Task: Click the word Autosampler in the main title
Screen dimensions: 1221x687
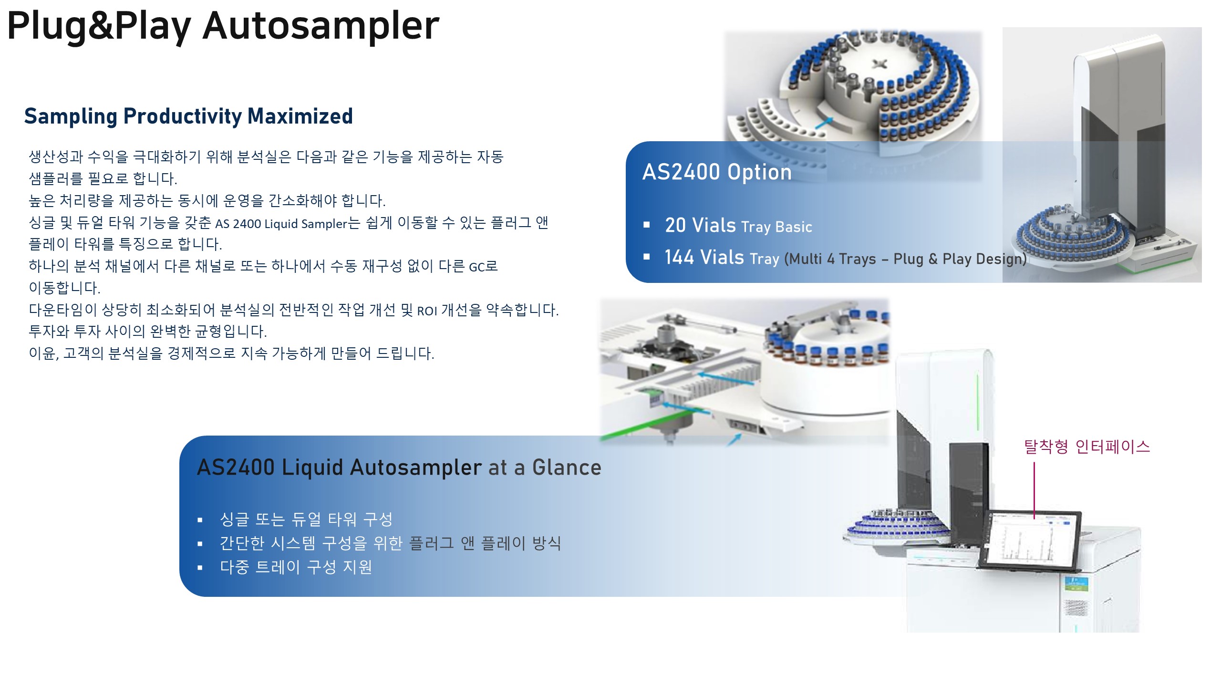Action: click(321, 26)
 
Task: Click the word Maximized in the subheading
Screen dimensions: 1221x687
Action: click(300, 116)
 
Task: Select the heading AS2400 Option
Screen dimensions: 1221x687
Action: click(717, 172)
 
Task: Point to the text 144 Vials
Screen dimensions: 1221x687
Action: click(704, 257)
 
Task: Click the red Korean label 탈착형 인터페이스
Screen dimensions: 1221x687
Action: click(1087, 447)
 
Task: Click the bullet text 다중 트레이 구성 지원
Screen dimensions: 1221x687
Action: click(296, 567)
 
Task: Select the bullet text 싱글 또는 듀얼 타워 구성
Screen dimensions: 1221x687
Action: click(306, 519)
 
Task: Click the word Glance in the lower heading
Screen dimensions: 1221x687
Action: click(567, 468)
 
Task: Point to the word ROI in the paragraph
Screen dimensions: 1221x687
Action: click(427, 311)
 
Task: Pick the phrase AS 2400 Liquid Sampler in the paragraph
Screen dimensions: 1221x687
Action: click(281, 224)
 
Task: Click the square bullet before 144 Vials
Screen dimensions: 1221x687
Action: click(647, 257)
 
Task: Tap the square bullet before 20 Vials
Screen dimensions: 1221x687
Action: click(647, 225)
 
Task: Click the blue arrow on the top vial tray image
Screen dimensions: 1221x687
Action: click(823, 123)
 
